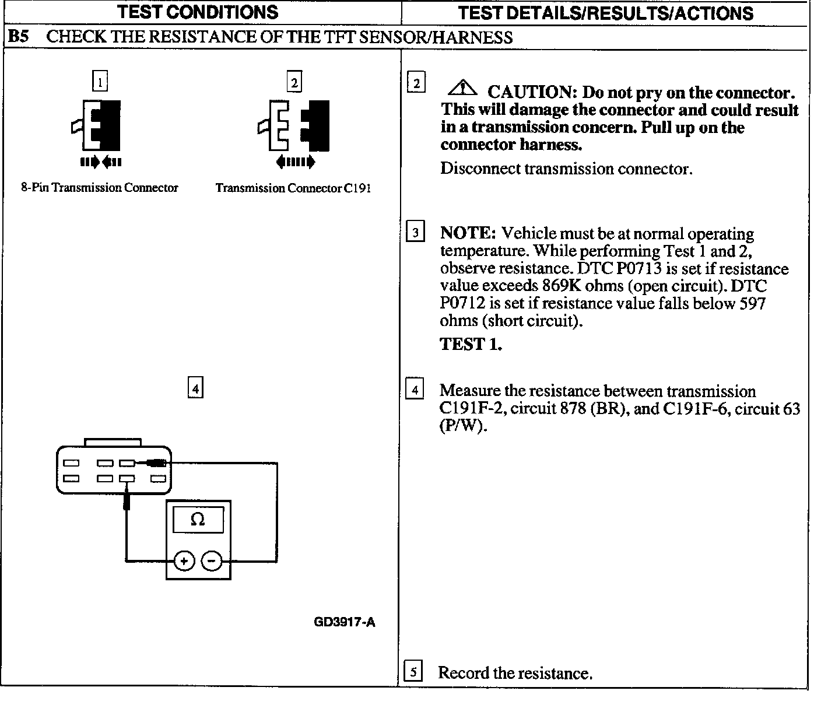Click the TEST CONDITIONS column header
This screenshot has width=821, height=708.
(x=198, y=12)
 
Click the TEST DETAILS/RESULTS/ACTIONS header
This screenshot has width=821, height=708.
(x=605, y=13)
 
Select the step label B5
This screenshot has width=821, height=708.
(x=17, y=37)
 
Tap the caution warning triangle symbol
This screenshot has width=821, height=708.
(x=463, y=88)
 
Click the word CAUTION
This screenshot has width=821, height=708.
(x=532, y=93)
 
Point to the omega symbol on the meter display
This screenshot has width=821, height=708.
(x=198, y=519)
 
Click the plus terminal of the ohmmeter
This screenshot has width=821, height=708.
(x=184, y=561)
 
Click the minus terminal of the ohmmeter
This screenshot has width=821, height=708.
(x=212, y=561)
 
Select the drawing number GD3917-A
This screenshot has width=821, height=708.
(x=344, y=622)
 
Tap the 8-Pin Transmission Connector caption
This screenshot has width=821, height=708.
(x=100, y=188)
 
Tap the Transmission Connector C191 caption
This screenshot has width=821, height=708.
(x=293, y=188)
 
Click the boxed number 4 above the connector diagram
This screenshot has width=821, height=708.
(x=195, y=388)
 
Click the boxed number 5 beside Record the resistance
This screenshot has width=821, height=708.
(x=413, y=672)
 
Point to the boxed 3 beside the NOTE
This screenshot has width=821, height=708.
(x=415, y=233)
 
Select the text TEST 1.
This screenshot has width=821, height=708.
(x=471, y=344)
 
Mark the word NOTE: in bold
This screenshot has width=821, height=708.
(x=468, y=233)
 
